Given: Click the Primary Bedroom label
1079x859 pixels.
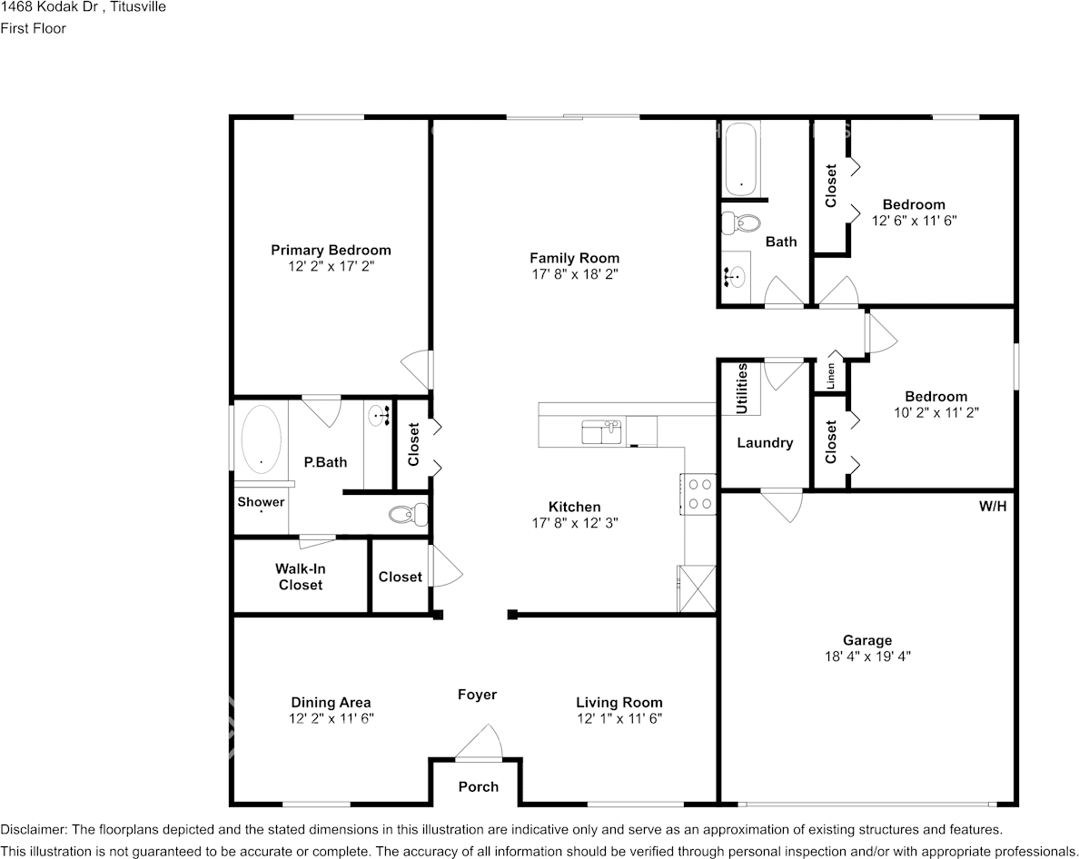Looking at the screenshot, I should tap(331, 250).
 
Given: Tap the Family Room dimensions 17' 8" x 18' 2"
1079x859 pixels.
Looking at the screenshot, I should tap(574, 273).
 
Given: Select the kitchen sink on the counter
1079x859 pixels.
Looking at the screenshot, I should tap(601, 431).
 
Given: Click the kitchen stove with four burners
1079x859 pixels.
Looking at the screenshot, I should tap(700, 495).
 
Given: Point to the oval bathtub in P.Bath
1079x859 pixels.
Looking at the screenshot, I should tap(262, 439).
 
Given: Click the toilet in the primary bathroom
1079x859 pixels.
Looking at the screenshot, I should tap(407, 515).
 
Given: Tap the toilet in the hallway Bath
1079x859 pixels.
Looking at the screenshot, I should tap(743, 222).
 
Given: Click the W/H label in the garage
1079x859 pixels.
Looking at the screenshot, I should tap(992, 506).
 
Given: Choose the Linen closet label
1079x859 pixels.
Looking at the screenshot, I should tap(830, 375).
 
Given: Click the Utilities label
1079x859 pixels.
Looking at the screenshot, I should tap(742, 389).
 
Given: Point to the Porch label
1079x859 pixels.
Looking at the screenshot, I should tap(478, 786).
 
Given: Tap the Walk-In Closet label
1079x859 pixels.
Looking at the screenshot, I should tap(301, 578).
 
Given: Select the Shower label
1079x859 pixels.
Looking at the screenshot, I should tap(261, 502).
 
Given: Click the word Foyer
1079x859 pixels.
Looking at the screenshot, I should tap(477, 695).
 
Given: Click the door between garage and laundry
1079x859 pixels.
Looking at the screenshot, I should tap(782, 504).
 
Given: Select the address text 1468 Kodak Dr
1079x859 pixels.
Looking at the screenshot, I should tap(45, 7).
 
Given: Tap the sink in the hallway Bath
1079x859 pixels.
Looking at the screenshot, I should tap(737, 274).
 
